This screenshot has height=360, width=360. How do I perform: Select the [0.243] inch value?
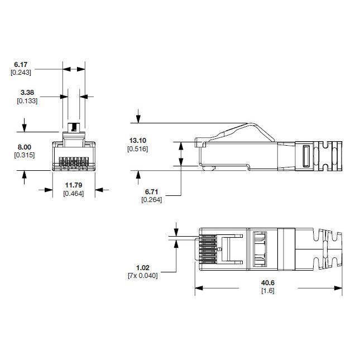(x=21, y=73)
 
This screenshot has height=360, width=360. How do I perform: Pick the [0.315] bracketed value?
(x=24, y=155)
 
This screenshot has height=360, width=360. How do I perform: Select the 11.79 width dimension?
(x=74, y=185)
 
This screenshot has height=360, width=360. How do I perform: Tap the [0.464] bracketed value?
(x=74, y=193)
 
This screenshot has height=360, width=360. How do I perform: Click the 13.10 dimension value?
(x=137, y=140)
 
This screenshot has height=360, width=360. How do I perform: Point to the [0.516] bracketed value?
(x=137, y=148)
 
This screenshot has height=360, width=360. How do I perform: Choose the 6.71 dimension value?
(x=152, y=192)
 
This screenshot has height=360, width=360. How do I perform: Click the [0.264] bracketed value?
(x=152, y=200)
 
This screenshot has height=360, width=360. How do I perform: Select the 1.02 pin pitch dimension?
(x=142, y=267)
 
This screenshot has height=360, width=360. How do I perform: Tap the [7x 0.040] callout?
(x=142, y=276)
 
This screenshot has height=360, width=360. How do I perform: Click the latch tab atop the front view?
(x=73, y=127)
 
